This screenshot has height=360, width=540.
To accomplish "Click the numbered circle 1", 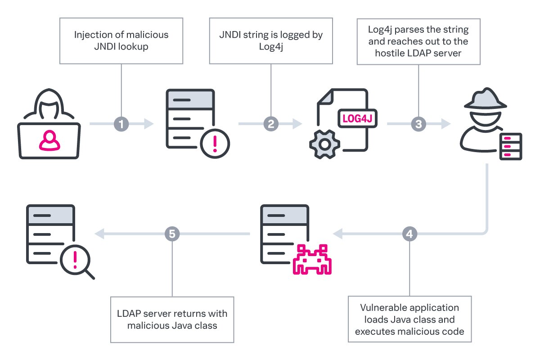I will (121, 123).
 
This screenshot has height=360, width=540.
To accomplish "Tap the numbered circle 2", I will (270, 123).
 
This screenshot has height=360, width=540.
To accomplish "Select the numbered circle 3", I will (418, 123).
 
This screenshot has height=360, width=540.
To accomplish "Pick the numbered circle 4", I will (409, 234).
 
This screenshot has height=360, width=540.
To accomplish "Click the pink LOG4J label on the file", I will (358, 118).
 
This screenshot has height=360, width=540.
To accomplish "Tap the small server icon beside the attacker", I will (511, 146).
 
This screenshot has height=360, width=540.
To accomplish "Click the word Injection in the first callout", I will (90, 35).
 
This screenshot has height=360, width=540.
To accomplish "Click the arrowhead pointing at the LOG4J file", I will (297, 123).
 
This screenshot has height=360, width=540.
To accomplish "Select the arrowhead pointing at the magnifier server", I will (99, 234).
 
